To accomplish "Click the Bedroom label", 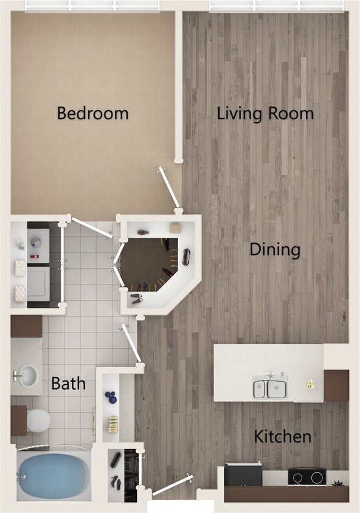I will [92, 113].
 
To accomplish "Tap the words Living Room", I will [265, 113].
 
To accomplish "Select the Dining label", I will [275, 250].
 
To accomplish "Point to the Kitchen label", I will [282, 436].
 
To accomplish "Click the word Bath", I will [68, 384].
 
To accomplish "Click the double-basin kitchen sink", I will [270, 387].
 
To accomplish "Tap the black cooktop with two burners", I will [306, 477].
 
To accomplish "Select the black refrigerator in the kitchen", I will [243, 474].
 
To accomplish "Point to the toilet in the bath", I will [38, 419].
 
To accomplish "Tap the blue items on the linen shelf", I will [111, 398].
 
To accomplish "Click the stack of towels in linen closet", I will [112, 423].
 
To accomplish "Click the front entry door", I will [172, 486].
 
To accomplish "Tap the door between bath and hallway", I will [131, 343].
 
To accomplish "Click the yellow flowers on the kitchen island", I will [310, 384].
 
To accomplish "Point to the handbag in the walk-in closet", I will [186, 256].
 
